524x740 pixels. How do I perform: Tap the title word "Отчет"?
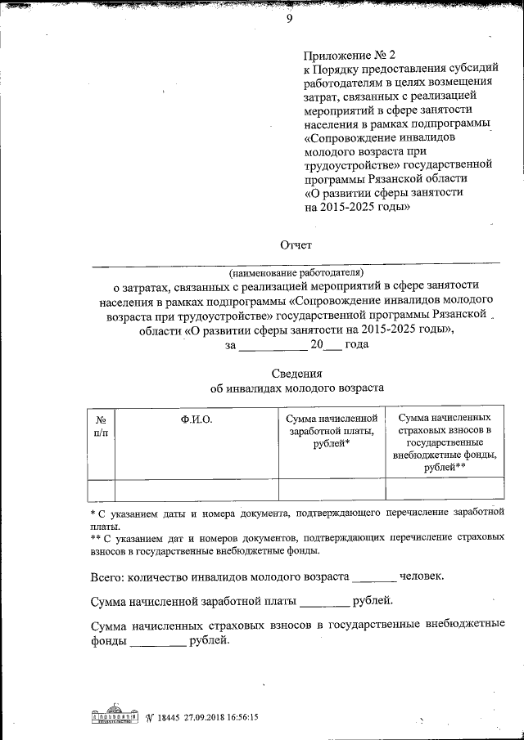[296, 244]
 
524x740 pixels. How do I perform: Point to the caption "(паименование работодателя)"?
[296, 271]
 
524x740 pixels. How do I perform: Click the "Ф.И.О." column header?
[196, 419]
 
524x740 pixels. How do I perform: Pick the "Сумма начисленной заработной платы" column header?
[332, 431]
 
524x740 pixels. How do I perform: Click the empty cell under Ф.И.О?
[196, 489]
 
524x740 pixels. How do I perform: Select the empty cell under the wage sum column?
[332, 489]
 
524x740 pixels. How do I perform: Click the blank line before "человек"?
[373, 578]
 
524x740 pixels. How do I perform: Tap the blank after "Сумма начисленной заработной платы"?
[324, 604]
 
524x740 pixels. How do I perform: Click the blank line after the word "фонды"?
[158, 644]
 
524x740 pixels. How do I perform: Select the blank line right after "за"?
[269, 347]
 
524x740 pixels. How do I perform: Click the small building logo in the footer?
[112, 715]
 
